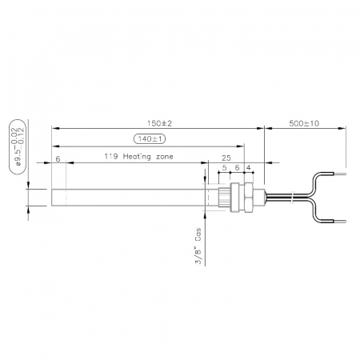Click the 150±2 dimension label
[x=159, y=123]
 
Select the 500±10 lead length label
[x=304, y=123]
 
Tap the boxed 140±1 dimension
[x=150, y=138]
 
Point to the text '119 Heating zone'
[x=138, y=157]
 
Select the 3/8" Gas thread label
[x=198, y=246]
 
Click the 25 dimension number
[x=226, y=158]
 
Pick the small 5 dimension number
[x=224, y=168]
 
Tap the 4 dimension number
[x=249, y=168]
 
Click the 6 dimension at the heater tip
[x=58, y=159]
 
